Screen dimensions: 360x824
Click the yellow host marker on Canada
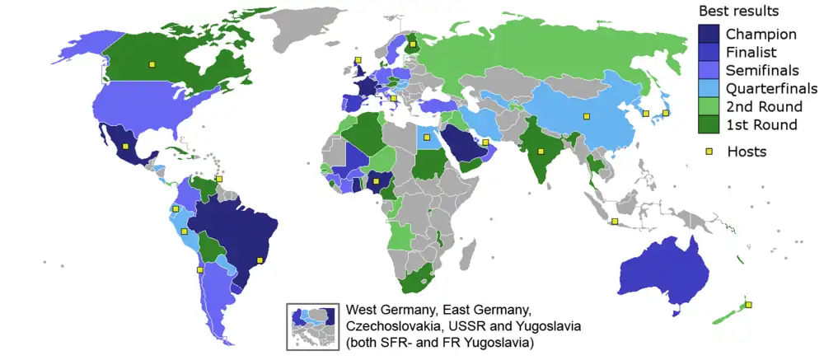[x=151, y=63]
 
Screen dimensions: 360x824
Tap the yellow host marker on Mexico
[x=125, y=147]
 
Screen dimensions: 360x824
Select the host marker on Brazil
[x=260, y=260]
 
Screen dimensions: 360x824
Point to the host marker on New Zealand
[x=748, y=305]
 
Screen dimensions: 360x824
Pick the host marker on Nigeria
[x=376, y=180]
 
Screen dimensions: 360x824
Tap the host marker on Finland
[x=411, y=44]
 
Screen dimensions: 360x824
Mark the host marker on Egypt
[x=427, y=138]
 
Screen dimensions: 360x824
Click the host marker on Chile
[x=199, y=269]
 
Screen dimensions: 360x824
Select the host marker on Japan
[x=666, y=113]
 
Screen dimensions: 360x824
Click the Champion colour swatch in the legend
[x=705, y=35]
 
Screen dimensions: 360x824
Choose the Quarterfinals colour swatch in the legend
[x=705, y=89]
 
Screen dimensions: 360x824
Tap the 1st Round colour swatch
[x=705, y=124]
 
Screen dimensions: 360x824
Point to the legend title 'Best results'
[x=739, y=12]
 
